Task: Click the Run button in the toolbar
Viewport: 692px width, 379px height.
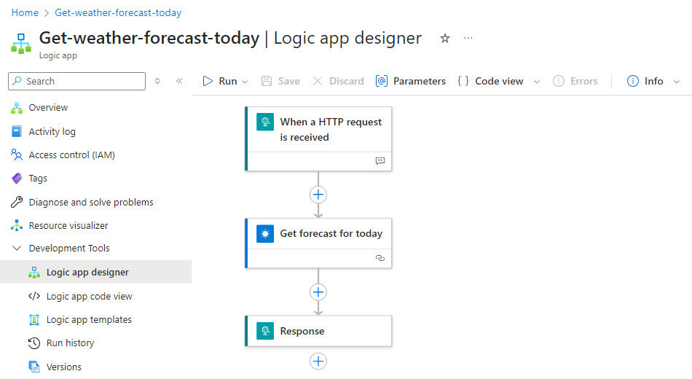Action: tap(219, 82)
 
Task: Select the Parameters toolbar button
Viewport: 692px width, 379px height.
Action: tap(410, 82)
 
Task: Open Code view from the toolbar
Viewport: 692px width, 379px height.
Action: tap(491, 82)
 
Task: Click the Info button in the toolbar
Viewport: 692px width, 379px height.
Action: tap(645, 82)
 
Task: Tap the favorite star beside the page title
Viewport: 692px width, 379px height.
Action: tap(445, 39)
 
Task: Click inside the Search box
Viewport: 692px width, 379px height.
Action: tap(76, 82)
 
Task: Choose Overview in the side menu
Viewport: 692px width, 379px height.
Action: tap(48, 108)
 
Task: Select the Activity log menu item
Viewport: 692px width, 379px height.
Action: tap(52, 132)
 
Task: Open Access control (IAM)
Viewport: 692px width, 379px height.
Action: tap(71, 155)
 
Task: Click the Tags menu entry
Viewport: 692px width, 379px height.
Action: tap(38, 179)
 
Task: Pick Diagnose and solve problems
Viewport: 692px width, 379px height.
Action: tap(91, 203)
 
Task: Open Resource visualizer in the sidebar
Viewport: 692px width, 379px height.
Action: tap(68, 226)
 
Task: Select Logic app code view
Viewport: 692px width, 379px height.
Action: tap(89, 297)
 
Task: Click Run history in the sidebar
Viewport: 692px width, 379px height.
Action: tap(70, 343)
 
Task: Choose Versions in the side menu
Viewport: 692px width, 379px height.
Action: tap(64, 367)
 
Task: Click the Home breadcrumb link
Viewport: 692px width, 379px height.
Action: tap(25, 13)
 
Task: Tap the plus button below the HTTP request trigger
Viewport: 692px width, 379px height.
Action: tap(318, 195)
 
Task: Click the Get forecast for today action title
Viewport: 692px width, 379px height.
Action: tap(331, 234)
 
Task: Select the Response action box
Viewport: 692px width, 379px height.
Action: tap(318, 331)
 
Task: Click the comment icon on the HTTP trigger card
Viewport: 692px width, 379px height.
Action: tap(380, 161)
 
